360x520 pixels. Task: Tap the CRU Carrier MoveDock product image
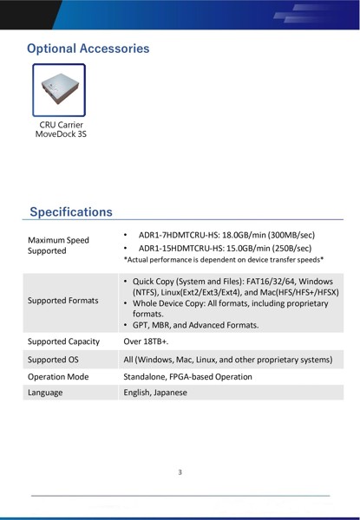[58, 89]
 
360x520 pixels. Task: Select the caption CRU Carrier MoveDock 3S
[61, 129]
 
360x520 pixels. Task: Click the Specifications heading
[71, 211]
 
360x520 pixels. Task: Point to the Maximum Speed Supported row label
[58, 245]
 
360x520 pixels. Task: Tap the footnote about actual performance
[224, 259]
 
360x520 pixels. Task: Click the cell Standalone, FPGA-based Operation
[187, 377]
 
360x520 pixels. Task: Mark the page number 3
[180, 472]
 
